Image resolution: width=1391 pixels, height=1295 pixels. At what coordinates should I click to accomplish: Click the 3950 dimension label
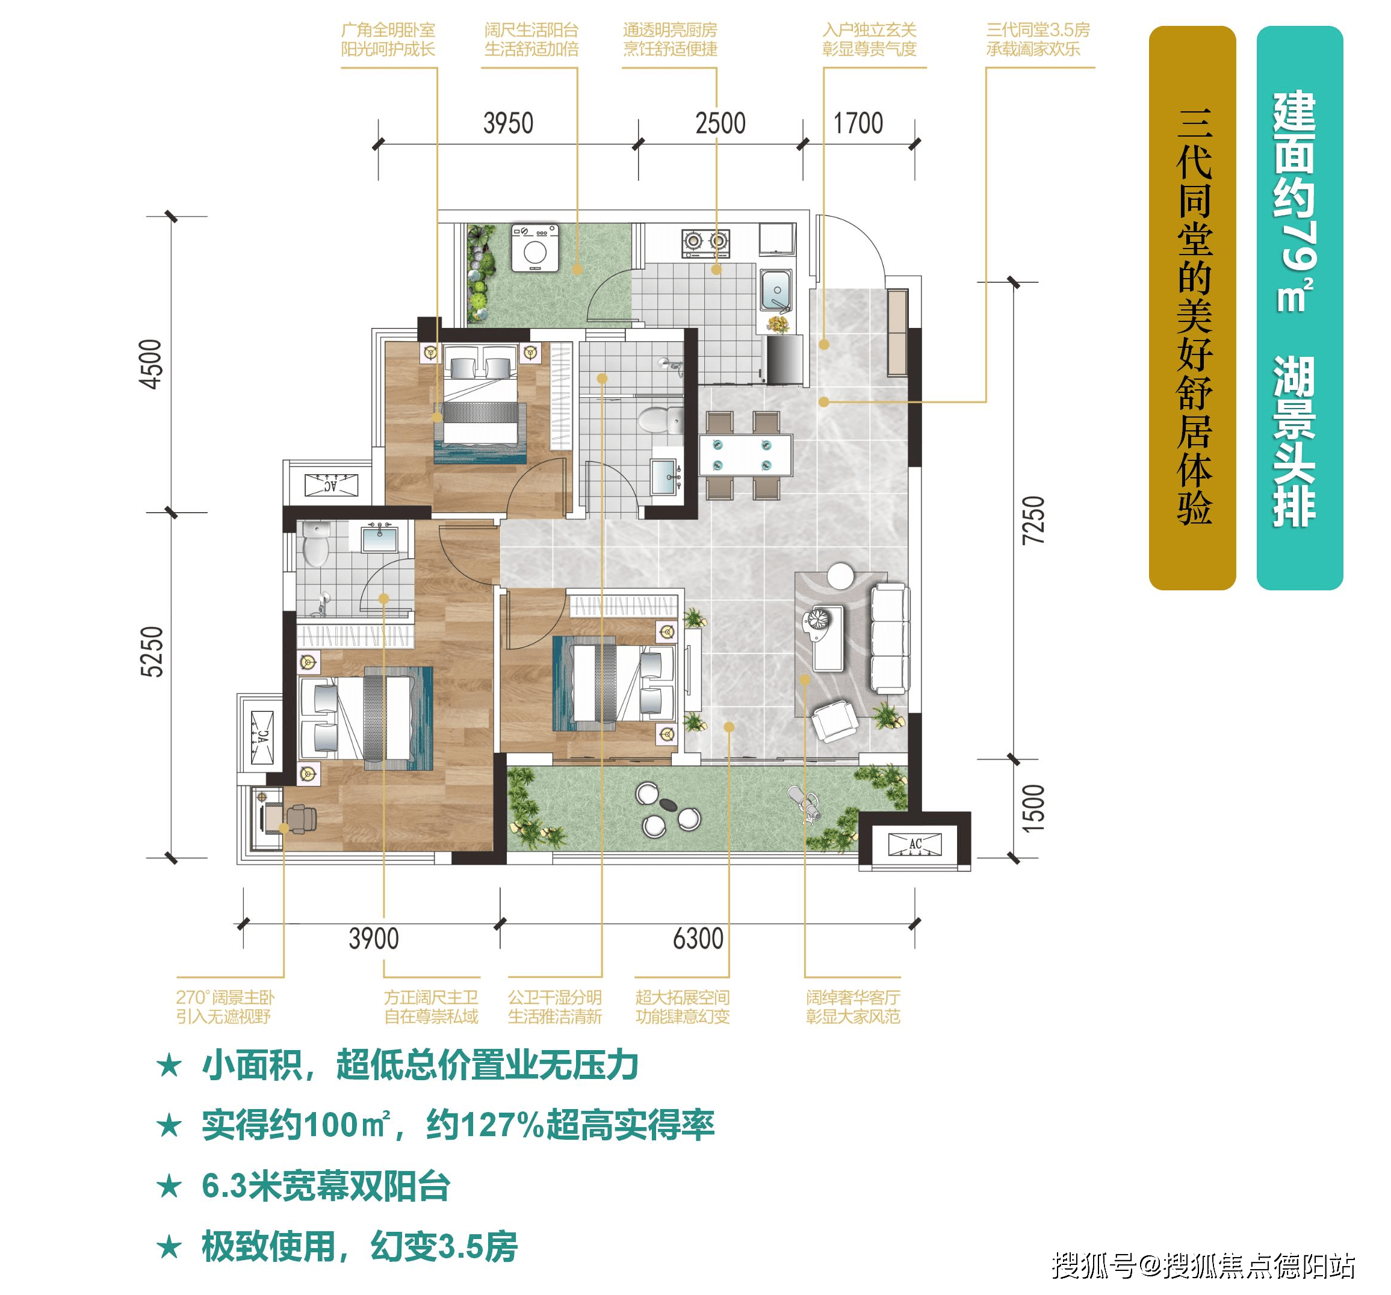click(x=508, y=124)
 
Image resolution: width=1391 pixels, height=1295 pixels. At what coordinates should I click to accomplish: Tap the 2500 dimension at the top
click(x=720, y=124)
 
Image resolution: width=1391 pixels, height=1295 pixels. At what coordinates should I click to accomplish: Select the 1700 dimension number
click(x=858, y=124)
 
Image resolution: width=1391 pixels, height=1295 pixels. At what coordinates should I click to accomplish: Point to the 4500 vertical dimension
click(x=151, y=364)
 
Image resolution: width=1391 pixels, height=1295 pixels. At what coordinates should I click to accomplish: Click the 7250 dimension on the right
click(x=1033, y=520)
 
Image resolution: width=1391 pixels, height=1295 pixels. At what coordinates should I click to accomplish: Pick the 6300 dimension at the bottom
click(x=698, y=939)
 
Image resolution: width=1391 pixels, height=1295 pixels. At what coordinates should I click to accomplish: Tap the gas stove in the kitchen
click(x=706, y=242)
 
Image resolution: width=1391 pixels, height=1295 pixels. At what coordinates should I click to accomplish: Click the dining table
click(x=745, y=456)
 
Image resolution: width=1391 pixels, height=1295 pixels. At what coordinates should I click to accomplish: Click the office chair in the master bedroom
click(x=301, y=817)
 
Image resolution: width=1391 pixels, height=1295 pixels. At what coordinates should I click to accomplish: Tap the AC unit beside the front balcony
click(x=914, y=844)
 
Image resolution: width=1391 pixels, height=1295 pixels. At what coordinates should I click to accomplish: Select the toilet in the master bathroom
click(x=315, y=545)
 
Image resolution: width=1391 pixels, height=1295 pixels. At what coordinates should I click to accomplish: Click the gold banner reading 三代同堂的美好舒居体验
click(x=1192, y=308)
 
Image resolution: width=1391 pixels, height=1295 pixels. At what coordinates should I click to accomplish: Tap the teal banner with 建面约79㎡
click(x=1300, y=308)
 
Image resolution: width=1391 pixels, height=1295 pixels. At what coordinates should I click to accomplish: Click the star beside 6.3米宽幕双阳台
click(x=169, y=1187)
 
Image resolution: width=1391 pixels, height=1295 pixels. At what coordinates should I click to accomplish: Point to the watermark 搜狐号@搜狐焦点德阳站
click(x=1203, y=1266)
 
